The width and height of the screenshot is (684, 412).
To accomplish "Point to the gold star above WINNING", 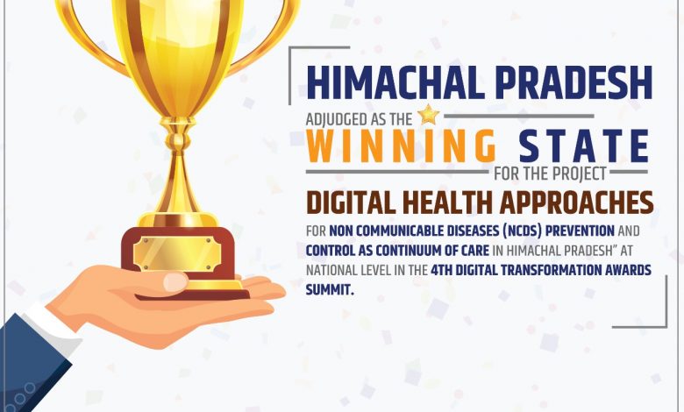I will coord(429,114).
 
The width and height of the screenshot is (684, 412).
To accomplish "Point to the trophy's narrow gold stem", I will coord(178,175).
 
